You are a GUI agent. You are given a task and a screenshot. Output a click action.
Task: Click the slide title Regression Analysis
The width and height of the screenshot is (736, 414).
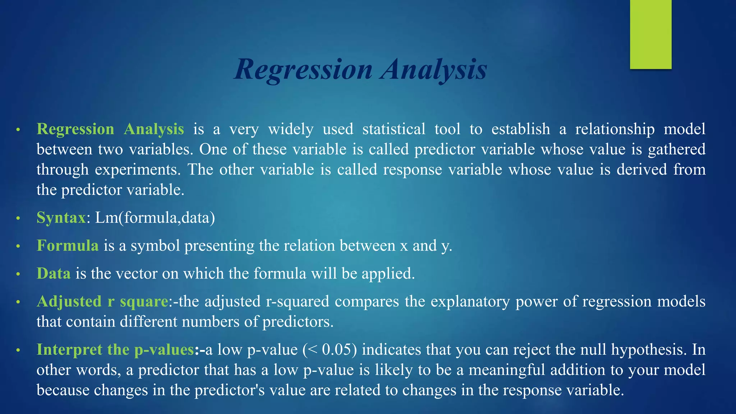point(360,69)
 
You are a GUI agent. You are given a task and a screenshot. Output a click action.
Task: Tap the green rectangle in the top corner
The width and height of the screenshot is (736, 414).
point(650,34)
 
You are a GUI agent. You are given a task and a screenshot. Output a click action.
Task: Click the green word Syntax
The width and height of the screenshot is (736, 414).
point(61,217)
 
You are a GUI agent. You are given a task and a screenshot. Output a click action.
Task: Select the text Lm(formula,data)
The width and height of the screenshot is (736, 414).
point(155,217)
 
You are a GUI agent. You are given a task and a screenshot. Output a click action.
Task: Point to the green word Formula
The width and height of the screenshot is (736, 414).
point(68,245)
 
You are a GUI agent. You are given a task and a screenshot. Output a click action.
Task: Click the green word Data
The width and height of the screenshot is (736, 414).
point(54,273)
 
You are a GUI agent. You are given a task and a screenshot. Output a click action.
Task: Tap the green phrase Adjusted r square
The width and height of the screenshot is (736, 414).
point(102,301)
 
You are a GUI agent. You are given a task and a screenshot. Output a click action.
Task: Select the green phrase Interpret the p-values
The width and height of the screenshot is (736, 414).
point(115,349)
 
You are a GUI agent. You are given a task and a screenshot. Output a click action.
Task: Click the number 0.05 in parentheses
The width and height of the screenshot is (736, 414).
point(336,349)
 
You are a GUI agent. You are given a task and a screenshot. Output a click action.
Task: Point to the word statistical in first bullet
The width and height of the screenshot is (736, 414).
point(394,129)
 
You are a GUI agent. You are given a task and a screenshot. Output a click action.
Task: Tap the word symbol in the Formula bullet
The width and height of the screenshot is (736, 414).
point(155,245)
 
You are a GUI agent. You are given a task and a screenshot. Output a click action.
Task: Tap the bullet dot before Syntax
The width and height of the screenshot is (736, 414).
point(18,218)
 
